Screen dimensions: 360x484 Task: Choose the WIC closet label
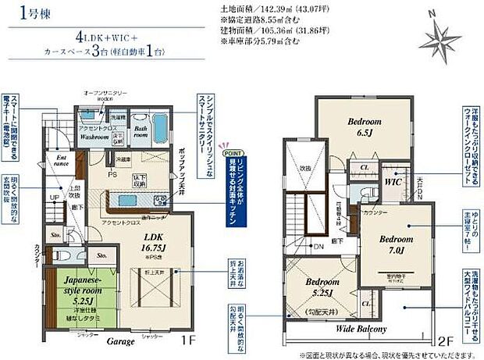(x=395, y=180)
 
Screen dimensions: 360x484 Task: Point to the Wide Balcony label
(x=361, y=329)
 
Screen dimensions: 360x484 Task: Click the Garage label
(x=121, y=341)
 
